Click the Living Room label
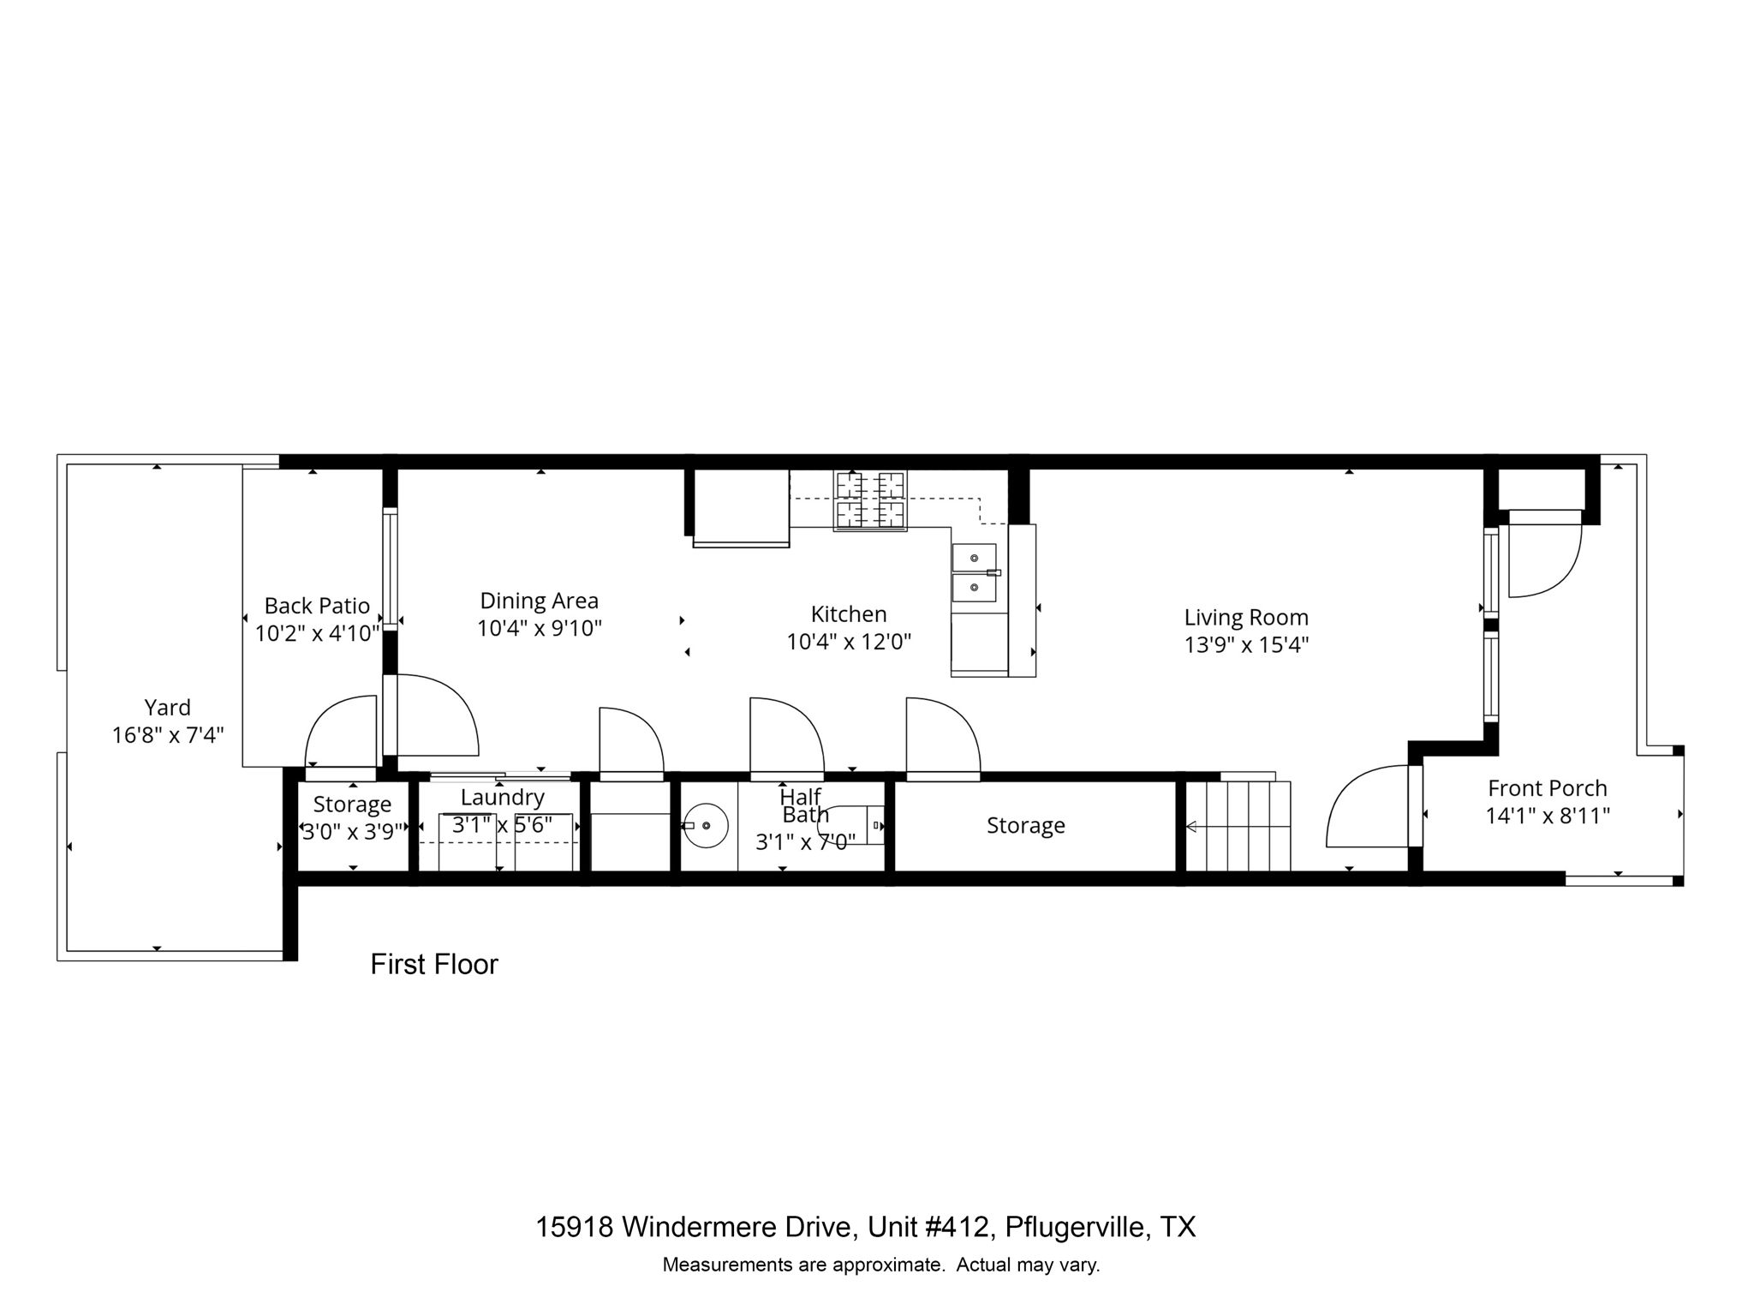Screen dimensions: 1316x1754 (x=1246, y=617)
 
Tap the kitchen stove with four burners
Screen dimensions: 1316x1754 (x=870, y=500)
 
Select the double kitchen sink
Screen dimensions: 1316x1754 (x=975, y=573)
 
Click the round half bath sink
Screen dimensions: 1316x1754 (x=706, y=825)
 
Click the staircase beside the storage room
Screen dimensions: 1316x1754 (x=1238, y=827)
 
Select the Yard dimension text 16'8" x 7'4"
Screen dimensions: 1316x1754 (x=168, y=735)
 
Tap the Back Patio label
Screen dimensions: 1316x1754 (x=317, y=606)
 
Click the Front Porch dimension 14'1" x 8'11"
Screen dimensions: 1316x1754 (x=1547, y=816)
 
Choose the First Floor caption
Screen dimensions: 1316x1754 (x=434, y=965)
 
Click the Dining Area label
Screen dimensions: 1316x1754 (x=539, y=601)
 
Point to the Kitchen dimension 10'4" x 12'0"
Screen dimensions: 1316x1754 (x=849, y=642)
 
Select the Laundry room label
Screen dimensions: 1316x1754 (x=502, y=797)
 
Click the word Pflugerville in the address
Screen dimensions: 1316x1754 (x=1075, y=1227)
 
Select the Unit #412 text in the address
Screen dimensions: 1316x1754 (x=930, y=1227)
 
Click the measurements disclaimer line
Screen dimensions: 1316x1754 (x=880, y=1265)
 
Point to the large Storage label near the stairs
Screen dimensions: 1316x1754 (x=1025, y=825)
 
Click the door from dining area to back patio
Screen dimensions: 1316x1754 (x=433, y=715)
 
